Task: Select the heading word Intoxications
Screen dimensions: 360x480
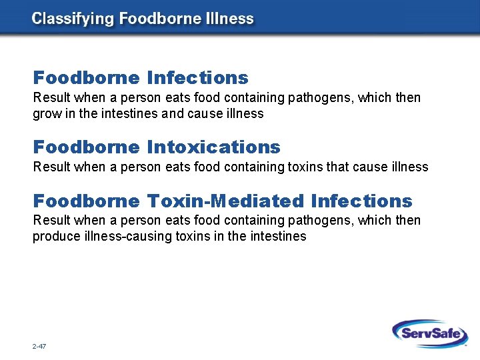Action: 213,146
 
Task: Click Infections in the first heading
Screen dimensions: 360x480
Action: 197,78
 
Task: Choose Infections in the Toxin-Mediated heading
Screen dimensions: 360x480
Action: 361,201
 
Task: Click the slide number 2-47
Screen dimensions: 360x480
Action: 38,347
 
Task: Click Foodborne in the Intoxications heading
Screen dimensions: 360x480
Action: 87,146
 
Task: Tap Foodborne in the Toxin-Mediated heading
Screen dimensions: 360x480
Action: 87,201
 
